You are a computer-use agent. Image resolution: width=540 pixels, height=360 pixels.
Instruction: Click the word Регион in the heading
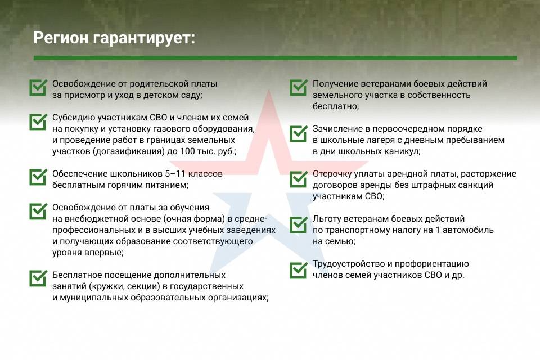(61, 38)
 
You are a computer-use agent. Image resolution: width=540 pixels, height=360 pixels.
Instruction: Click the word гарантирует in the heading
(142, 38)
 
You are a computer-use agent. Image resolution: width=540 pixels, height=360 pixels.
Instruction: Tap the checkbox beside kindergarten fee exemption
(38, 88)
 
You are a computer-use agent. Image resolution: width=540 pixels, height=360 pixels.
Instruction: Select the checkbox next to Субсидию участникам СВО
(38, 122)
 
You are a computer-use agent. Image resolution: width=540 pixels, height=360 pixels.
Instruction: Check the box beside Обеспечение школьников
(38, 177)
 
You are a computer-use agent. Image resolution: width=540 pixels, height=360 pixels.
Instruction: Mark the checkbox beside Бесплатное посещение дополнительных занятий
(38, 278)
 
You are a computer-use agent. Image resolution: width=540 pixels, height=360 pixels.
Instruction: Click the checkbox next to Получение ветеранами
(298, 88)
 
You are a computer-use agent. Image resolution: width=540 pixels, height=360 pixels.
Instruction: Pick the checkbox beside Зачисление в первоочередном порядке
(298, 133)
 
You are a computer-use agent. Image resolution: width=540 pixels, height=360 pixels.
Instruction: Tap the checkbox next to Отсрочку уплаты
(298, 179)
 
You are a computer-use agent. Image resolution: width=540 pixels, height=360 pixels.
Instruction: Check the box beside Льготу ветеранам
(298, 224)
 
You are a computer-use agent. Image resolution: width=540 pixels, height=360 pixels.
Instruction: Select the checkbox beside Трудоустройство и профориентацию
(298, 270)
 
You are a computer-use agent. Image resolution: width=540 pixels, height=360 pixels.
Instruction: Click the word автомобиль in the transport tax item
(468, 229)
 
